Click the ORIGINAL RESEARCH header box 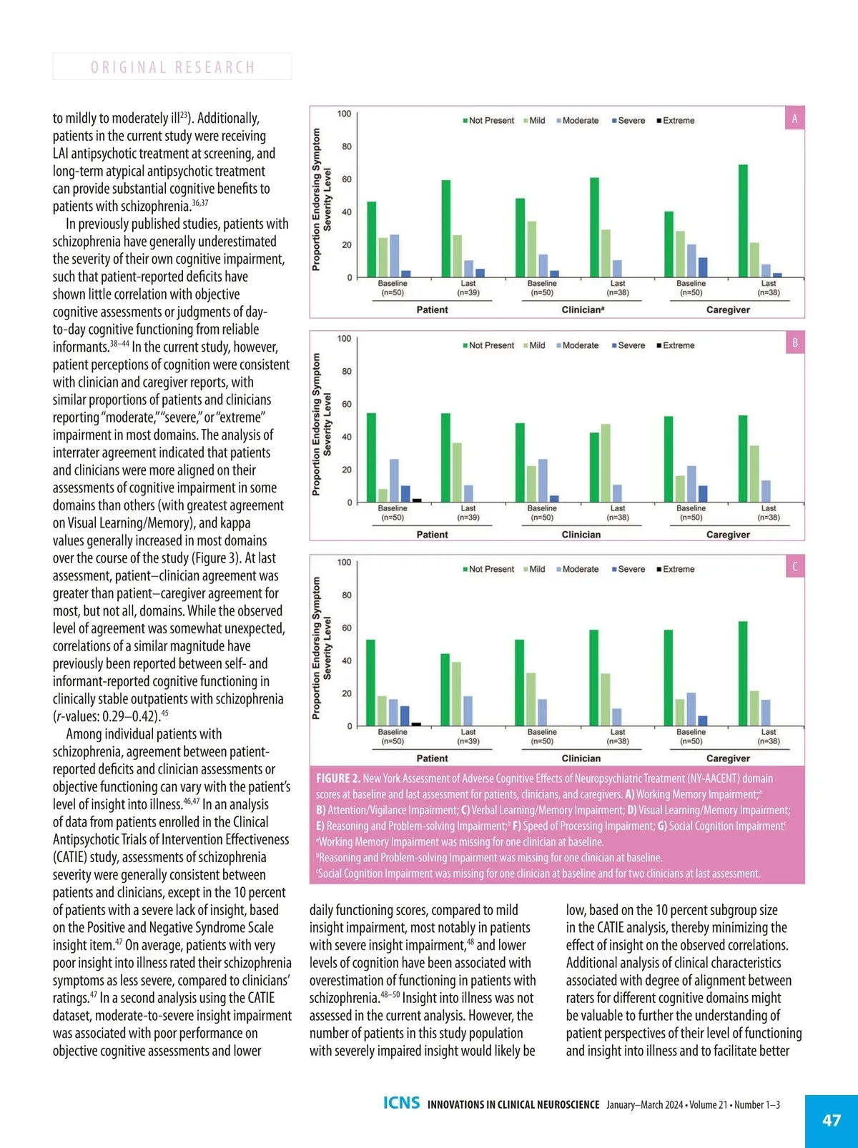pyautogui.click(x=172, y=66)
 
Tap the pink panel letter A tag pyautogui.click(x=794, y=119)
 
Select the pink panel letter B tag pyautogui.click(x=794, y=343)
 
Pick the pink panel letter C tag pyautogui.click(x=794, y=567)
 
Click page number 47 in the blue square pyautogui.click(x=832, y=1120)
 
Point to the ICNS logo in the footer pyautogui.click(x=401, y=1103)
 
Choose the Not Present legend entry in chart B pyautogui.click(x=488, y=345)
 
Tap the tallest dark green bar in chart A pyautogui.click(x=743, y=221)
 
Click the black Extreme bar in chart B pyautogui.click(x=417, y=500)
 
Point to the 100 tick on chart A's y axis pyautogui.click(x=344, y=114)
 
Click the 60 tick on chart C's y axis pyautogui.click(x=346, y=628)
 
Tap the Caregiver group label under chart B pyautogui.click(x=728, y=535)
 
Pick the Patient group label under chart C pyautogui.click(x=432, y=758)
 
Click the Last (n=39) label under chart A pyautogui.click(x=468, y=288)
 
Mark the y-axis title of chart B pyautogui.click(x=322, y=425)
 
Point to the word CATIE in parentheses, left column pyautogui.click(x=70, y=857)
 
